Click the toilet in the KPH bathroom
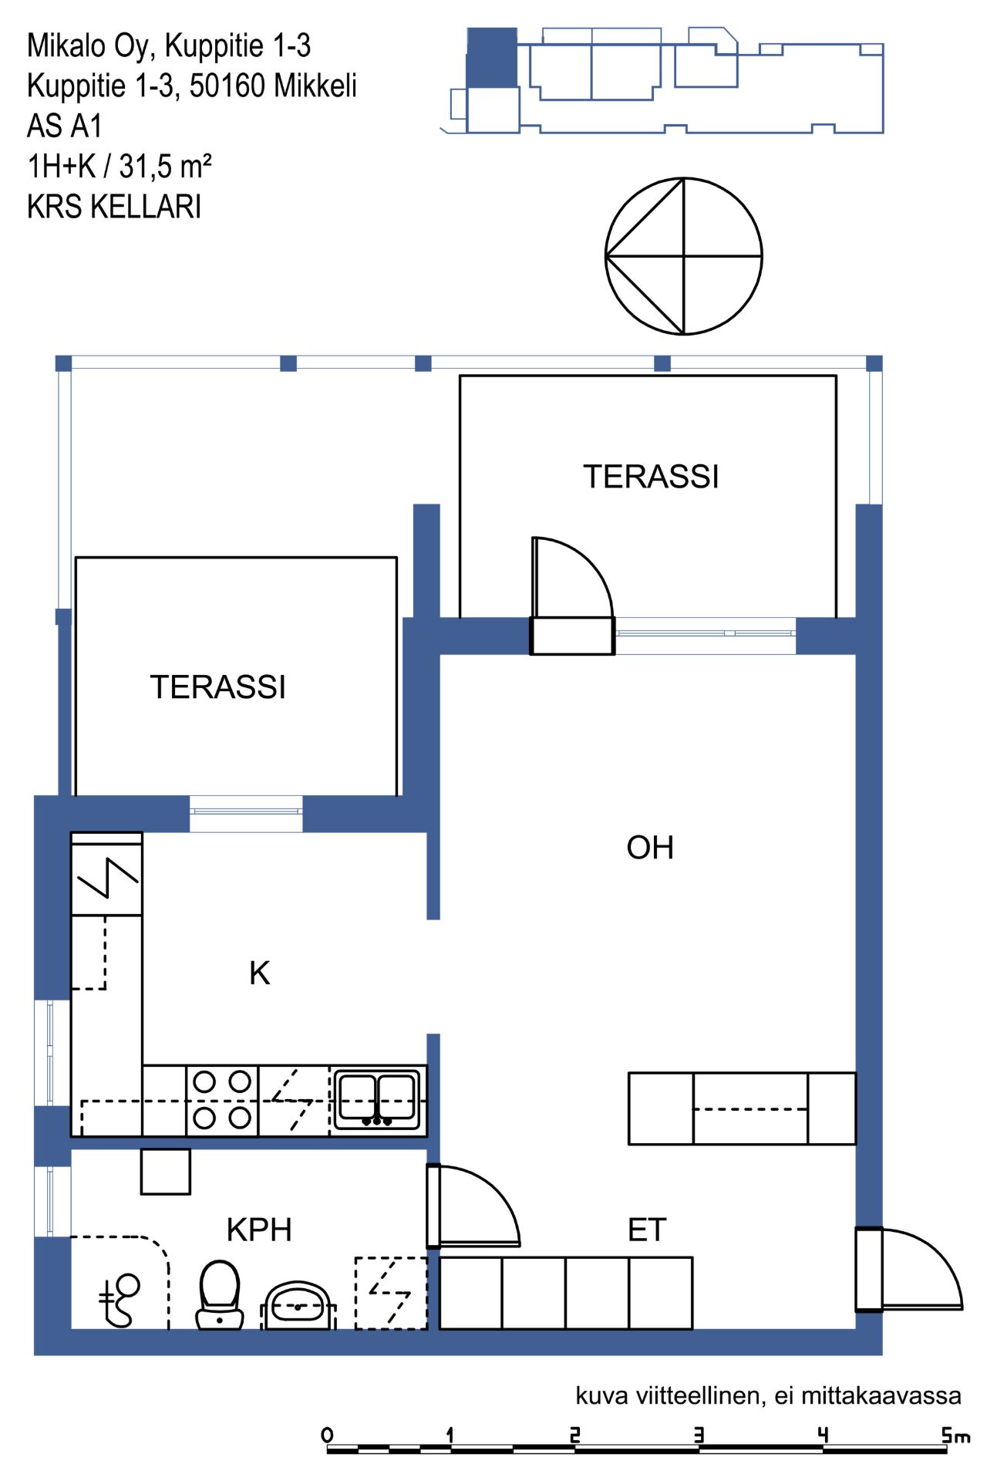(x=220, y=1297)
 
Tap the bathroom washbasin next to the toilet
(x=298, y=1307)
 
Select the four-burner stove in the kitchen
(x=222, y=1100)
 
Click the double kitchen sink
(x=378, y=1098)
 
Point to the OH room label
(x=650, y=848)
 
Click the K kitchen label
(x=260, y=973)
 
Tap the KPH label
(x=259, y=1230)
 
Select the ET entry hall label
(x=647, y=1230)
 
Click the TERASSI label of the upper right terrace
(x=651, y=477)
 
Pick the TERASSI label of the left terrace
(x=217, y=687)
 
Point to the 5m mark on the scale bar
(x=955, y=1435)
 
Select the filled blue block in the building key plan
(x=492, y=58)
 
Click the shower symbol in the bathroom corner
(x=120, y=1300)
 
